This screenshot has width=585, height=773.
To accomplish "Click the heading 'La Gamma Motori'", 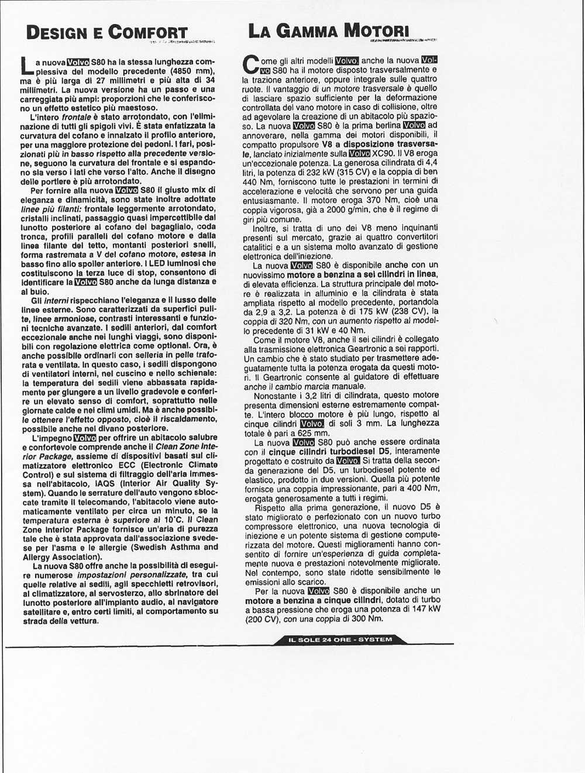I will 328,30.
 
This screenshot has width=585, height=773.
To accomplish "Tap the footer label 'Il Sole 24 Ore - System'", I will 340,640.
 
